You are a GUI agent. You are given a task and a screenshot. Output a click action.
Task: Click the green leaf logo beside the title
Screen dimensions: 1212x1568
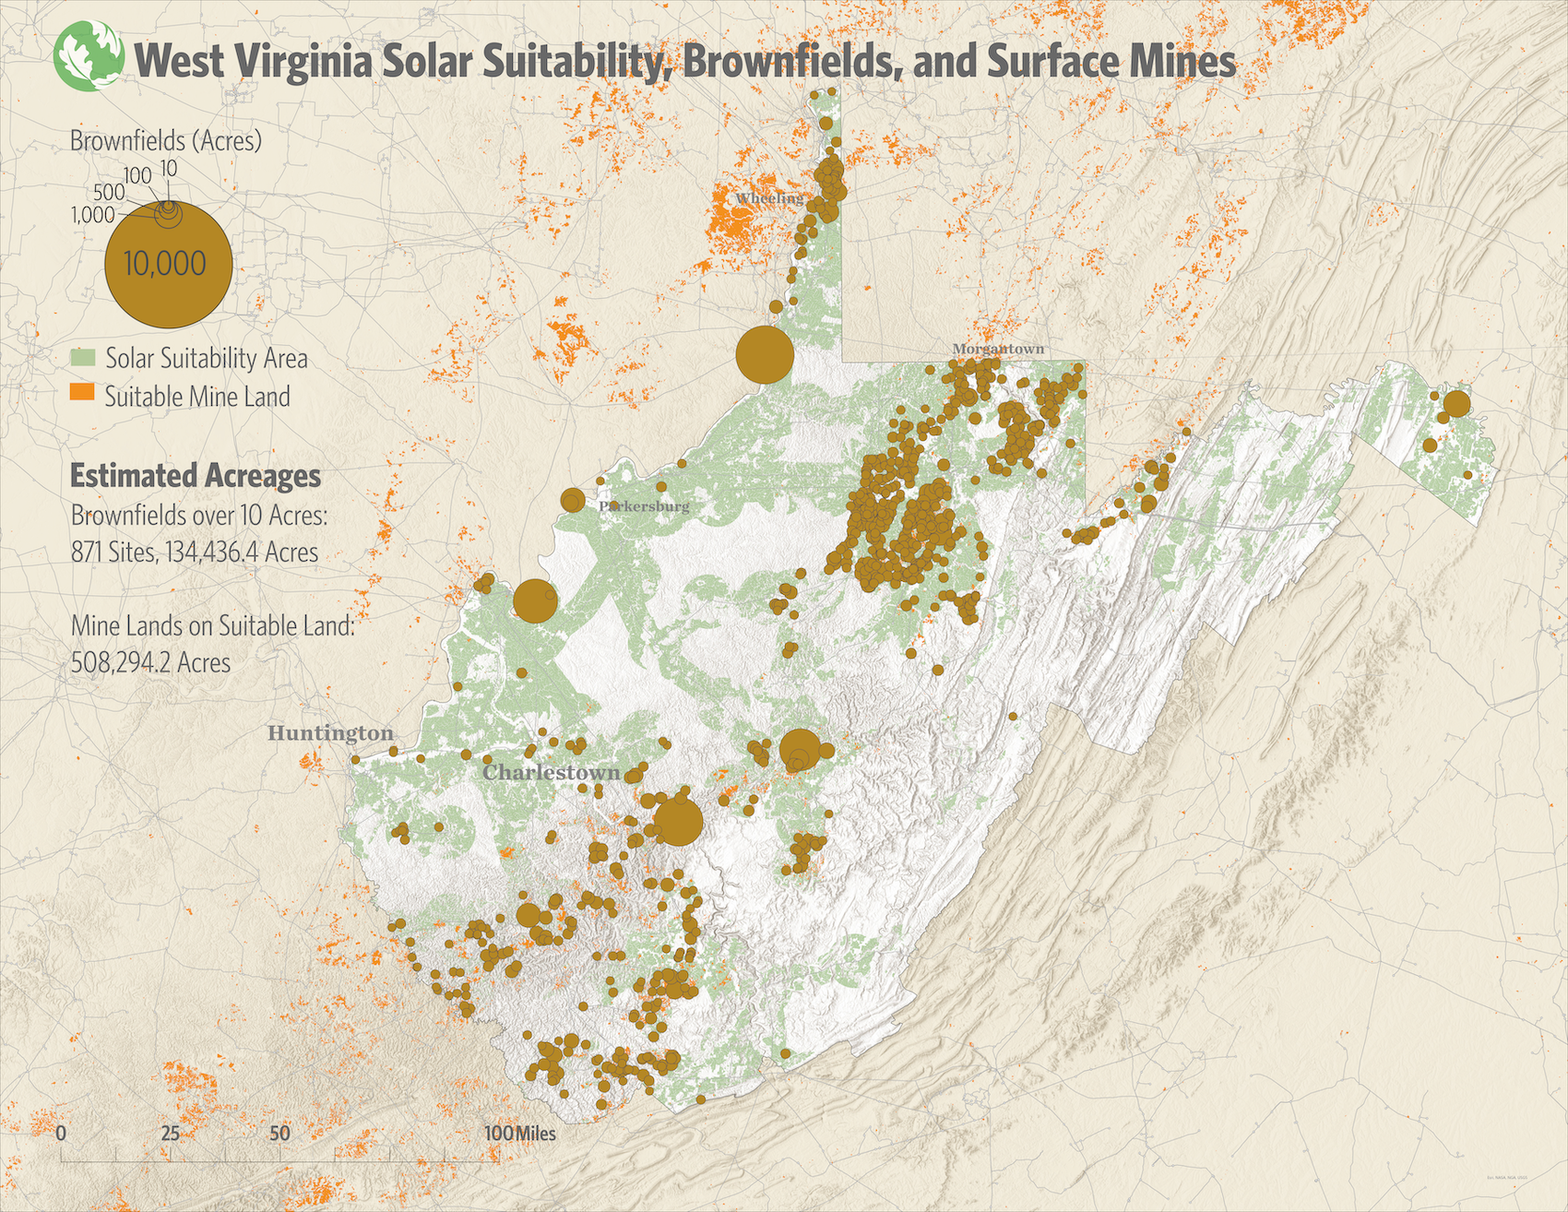pyautogui.click(x=89, y=56)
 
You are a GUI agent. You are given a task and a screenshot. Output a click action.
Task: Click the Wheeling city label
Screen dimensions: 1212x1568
pyautogui.click(x=769, y=198)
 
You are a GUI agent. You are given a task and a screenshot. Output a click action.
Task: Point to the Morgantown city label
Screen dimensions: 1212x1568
pyautogui.click(x=998, y=349)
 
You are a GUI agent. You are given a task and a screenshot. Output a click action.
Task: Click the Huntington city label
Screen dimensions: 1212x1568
pyautogui.click(x=330, y=733)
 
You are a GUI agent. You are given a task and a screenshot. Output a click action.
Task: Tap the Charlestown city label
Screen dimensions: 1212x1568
pyautogui.click(x=552, y=772)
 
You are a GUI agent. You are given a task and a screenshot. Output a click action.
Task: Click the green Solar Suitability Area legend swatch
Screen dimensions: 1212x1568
pyautogui.click(x=83, y=358)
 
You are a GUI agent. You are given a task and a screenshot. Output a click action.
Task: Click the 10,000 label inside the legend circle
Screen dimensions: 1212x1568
pyautogui.click(x=165, y=264)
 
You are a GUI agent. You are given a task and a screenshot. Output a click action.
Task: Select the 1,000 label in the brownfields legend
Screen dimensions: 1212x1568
pyautogui.click(x=92, y=215)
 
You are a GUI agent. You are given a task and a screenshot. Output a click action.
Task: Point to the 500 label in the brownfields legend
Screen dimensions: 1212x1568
pyautogui.click(x=109, y=192)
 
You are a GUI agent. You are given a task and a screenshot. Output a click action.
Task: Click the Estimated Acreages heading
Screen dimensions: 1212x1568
pyautogui.click(x=196, y=476)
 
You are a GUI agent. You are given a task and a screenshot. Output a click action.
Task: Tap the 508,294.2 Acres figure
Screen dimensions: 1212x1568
pyautogui.click(x=150, y=662)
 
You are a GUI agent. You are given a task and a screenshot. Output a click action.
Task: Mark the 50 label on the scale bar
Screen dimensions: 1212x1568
pyautogui.click(x=279, y=1133)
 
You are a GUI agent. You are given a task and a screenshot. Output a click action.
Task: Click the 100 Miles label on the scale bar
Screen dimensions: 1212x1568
pyautogui.click(x=520, y=1133)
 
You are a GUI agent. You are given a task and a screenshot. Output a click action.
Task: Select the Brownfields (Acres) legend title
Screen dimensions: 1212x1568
pyautogui.click(x=166, y=140)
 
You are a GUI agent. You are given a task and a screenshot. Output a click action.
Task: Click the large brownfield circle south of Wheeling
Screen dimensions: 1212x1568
pyautogui.click(x=765, y=354)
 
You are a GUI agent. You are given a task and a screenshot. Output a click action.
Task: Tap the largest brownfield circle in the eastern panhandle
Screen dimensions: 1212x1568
pyautogui.click(x=1456, y=404)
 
